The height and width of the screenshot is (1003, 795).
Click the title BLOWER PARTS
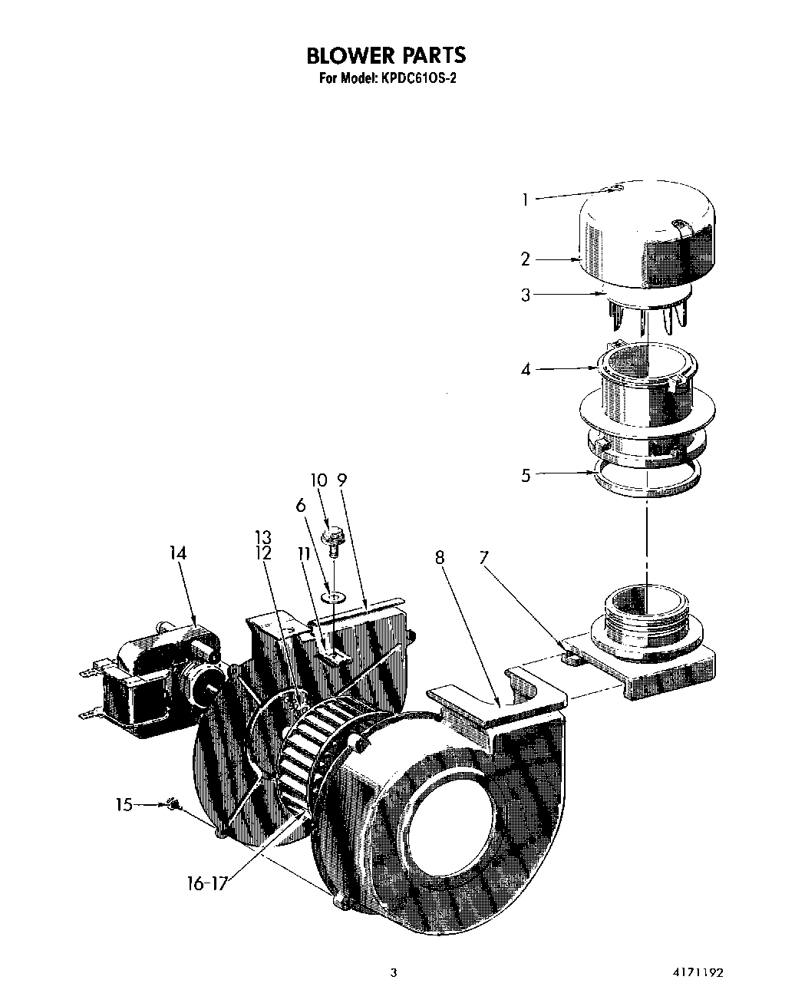coord(385,55)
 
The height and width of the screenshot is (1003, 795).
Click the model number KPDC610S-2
coord(417,78)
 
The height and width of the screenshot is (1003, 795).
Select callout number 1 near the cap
coord(525,200)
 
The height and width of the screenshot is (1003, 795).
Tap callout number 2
coord(526,259)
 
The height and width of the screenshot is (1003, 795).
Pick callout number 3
coord(526,295)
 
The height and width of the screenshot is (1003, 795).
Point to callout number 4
coord(526,370)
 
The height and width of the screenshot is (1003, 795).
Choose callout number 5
coord(526,475)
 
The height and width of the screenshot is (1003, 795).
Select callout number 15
coord(124,804)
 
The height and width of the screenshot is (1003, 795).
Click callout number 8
coord(440,557)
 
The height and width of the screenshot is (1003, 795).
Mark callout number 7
coord(483,557)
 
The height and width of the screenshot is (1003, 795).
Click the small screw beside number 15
coord(173,804)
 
